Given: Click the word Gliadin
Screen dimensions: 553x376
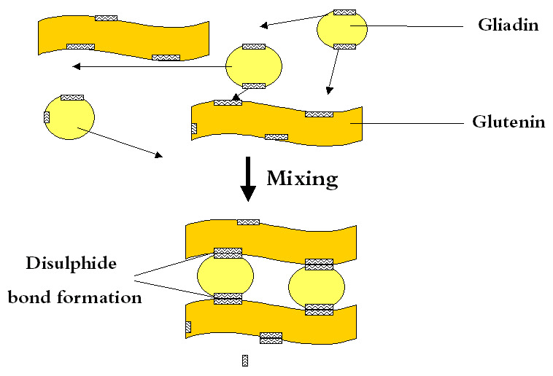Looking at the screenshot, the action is (508, 26).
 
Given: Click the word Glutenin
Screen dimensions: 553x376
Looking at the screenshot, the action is (508, 122).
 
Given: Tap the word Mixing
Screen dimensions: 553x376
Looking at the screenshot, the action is (302, 179).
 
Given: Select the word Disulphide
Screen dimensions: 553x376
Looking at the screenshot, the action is (71, 263).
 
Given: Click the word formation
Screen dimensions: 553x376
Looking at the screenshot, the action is (99, 297).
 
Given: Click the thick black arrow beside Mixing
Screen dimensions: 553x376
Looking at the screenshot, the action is (248, 179).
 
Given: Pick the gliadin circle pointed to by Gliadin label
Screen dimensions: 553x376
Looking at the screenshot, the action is (342, 29).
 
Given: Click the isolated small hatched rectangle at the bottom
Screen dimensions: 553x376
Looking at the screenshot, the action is (245, 361).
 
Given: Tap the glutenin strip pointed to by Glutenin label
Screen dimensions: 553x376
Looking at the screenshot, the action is (276, 123).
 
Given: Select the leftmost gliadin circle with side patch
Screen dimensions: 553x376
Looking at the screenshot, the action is (69, 117).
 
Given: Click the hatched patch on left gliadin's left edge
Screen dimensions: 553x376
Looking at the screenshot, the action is (47, 117).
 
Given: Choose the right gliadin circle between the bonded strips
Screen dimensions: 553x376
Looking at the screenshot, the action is (317, 286).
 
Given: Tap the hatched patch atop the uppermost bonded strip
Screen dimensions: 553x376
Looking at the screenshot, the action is (248, 222).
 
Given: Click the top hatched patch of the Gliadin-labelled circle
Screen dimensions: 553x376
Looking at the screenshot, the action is (344, 12).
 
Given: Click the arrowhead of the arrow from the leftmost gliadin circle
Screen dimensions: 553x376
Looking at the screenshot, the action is (159, 155).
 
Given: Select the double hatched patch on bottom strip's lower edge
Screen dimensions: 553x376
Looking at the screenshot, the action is (271, 338).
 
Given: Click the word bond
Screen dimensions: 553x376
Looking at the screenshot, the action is (30, 297).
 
